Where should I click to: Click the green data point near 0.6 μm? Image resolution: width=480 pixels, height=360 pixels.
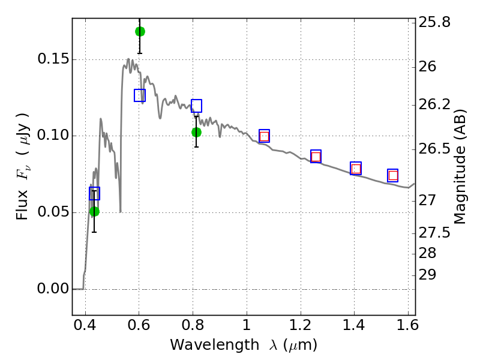pos(140,31)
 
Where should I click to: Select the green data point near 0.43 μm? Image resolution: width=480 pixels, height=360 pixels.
pos(94,211)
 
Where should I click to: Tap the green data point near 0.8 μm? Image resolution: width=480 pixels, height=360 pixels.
pos(196,132)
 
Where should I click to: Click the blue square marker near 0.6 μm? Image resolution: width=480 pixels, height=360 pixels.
pos(140,95)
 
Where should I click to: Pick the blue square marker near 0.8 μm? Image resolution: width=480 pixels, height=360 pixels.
pos(196,106)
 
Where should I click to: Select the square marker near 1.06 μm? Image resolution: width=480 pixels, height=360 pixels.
pos(264,136)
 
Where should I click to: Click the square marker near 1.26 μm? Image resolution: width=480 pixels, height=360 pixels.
pos(316,157)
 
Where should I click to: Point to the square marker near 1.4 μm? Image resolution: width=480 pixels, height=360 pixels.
pos(356,168)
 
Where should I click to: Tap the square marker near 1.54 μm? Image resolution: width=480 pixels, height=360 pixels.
pos(393,175)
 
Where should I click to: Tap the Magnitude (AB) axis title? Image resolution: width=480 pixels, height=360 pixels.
pos(461,166)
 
